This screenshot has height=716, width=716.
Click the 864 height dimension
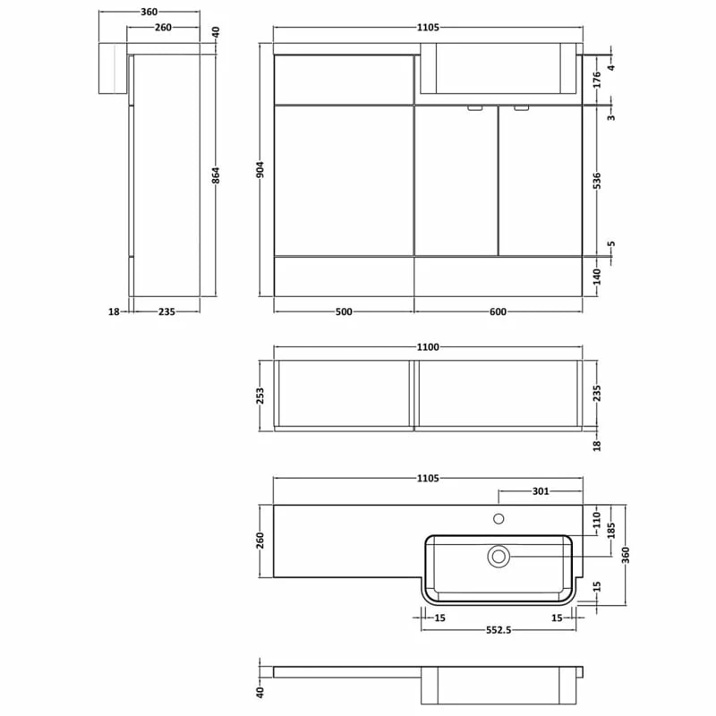(216, 175)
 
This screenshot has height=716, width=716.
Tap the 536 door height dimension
(597, 180)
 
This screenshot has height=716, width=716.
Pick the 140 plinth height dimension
(597, 277)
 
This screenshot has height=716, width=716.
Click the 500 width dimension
(344, 311)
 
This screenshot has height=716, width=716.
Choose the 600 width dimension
(499, 311)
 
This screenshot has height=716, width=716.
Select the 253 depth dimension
(260, 395)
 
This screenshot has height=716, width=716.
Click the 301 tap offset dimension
(541, 490)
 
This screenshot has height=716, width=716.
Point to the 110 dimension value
(597, 518)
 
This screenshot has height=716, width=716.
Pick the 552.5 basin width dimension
(499, 630)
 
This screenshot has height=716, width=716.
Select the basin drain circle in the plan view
(499, 556)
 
